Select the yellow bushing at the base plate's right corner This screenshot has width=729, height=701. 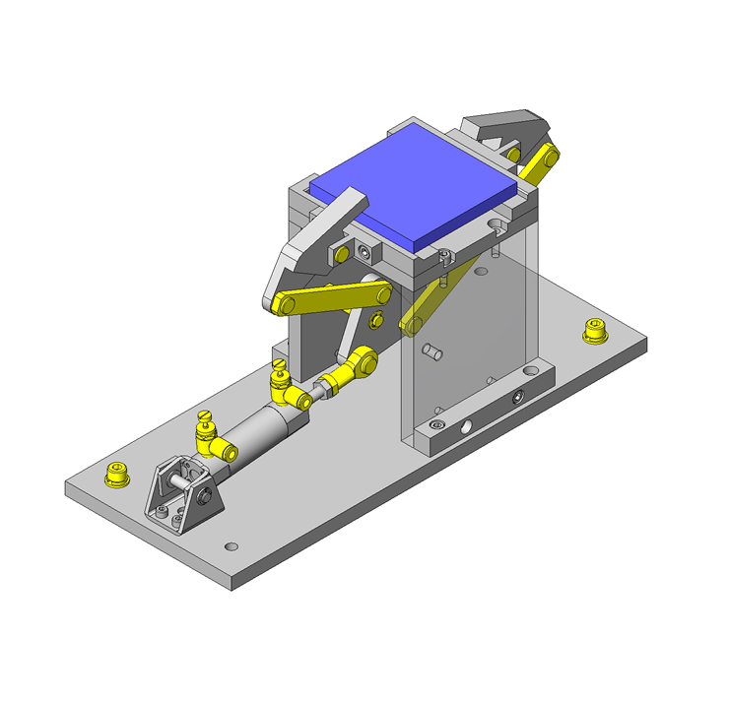594,332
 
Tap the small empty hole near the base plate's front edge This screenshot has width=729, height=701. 232,545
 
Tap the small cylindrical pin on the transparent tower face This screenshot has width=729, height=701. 431,350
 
